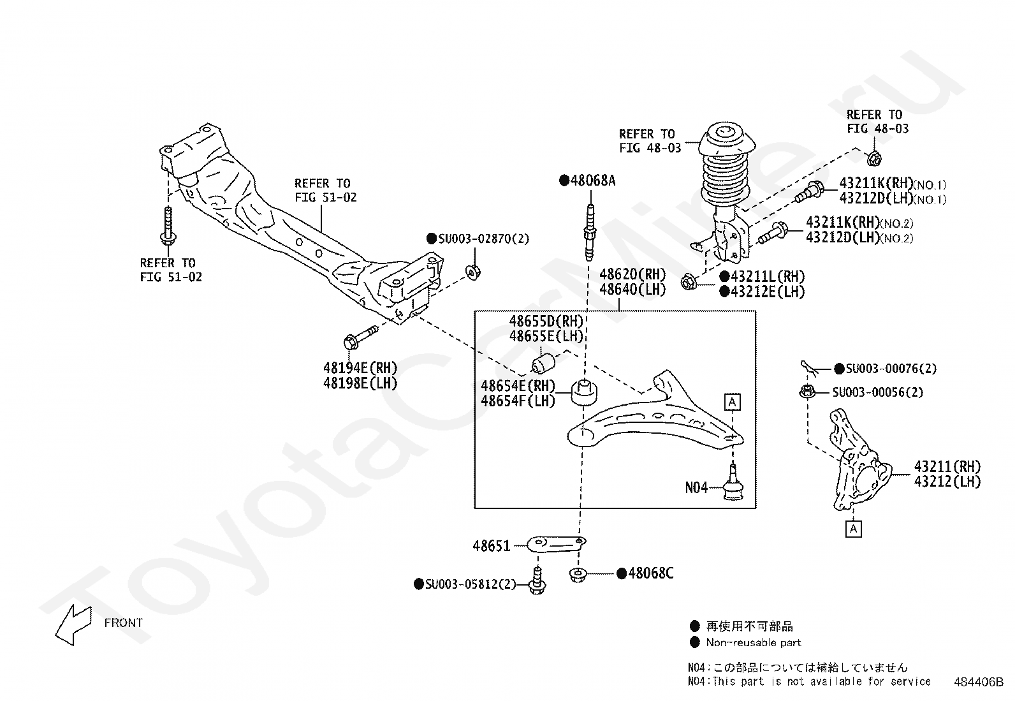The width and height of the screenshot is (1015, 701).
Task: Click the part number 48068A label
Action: tap(593, 181)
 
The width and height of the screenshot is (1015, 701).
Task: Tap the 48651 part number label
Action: tap(491, 546)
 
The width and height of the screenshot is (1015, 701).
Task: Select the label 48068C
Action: tap(651, 573)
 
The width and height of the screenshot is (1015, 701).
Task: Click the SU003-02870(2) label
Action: tap(483, 239)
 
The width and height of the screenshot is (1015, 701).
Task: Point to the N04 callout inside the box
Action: tap(696, 488)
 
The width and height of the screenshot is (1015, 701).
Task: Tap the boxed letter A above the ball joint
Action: tap(733, 402)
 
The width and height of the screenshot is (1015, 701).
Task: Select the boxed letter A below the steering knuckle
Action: tap(854, 529)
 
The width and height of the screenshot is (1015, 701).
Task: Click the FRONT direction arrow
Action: tap(73, 624)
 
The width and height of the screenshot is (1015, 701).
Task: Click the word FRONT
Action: tap(123, 623)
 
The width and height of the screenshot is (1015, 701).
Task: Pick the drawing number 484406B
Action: tap(978, 682)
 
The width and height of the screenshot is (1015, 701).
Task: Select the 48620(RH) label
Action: tap(632, 274)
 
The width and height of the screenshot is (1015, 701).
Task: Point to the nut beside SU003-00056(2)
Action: tap(807, 391)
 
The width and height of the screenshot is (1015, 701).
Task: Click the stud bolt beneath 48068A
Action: tap(590, 233)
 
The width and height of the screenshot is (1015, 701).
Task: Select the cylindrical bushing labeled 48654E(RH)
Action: tap(584, 393)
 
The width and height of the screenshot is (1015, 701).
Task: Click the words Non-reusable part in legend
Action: tap(754, 642)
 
